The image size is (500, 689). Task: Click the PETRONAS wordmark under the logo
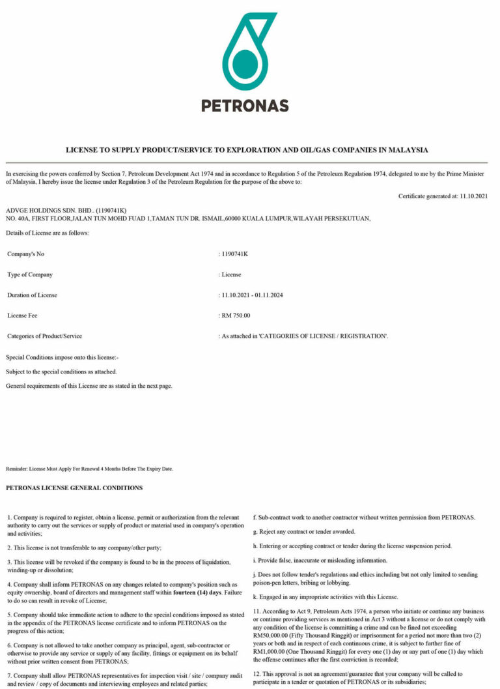pyautogui.click(x=245, y=105)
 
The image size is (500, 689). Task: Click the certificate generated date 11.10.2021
pyautogui.click(x=473, y=196)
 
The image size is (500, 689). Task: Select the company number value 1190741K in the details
pyautogui.click(x=235, y=253)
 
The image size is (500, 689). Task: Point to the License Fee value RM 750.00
pyautogui.click(x=236, y=315)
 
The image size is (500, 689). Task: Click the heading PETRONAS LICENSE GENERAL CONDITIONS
pyautogui.click(x=74, y=488)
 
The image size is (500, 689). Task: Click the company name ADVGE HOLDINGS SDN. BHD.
pyautogui.click(x=48, y=211)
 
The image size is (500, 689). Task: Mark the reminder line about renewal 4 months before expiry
pyautogui.click(x=89, y=469)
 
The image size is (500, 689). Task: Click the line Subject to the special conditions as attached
pyautogui.click(x=61, y=372)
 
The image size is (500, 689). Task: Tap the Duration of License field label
pyautogui.click(x=32, y=295)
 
